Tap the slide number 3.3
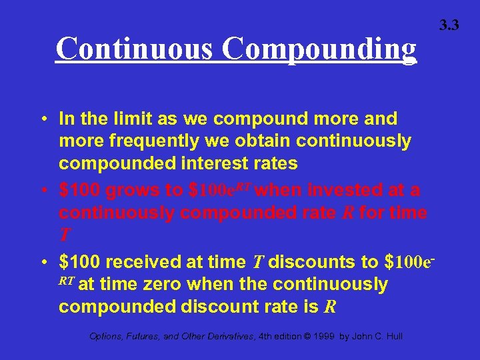pyautogui.click(x=449, y=25)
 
